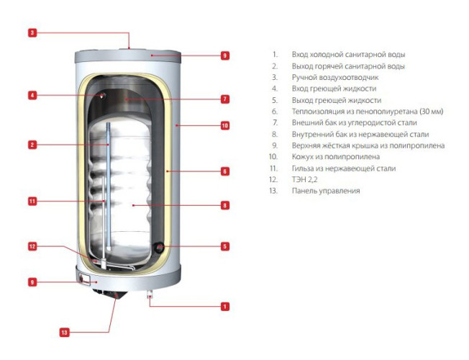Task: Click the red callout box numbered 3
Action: click(x=32, y=32)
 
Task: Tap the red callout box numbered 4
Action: click(x=32, y=94)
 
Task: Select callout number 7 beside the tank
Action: click(x=224, y=99)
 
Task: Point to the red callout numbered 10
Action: click(x=224, y=125)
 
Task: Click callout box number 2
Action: click(x=32, y=145)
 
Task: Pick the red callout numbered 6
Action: click(x=224, y=171)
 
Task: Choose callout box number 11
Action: click(x=32, y=202)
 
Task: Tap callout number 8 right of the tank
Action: click(x=224, y=205)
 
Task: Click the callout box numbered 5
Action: click(x=224, y=246)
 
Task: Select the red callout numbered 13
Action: click(x=64, y=333)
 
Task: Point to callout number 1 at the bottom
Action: click(x=224, y=307)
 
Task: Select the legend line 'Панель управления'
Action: click(x=326, y=191)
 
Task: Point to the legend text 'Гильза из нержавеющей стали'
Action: click(x=343, y=168)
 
